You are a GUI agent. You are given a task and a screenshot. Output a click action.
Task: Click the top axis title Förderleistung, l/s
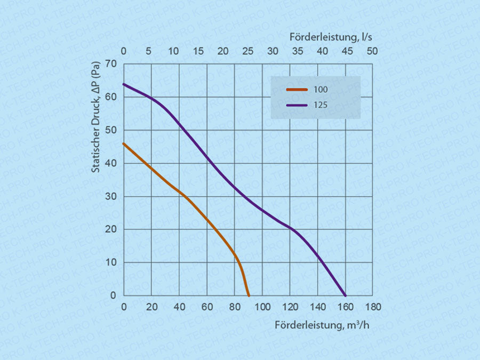(331, 37)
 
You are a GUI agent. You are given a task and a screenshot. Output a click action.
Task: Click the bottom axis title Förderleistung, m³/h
(322, 325)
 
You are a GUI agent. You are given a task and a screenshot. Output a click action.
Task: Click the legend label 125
(321, 105)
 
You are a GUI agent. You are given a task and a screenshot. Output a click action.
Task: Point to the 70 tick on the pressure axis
(111, 64)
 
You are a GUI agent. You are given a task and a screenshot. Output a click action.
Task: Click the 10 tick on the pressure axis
(111, 262)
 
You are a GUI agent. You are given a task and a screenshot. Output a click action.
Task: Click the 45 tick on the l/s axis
(347, 51)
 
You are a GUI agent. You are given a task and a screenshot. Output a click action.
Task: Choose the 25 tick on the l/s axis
(247, 51)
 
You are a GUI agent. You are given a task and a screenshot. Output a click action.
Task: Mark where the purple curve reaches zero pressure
(346, 295)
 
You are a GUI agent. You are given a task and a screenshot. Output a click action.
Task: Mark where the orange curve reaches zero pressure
(249, 295)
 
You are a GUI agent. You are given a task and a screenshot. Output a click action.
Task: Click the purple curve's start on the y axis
(124, 84)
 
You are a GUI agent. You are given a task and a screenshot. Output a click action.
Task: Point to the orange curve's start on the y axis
(124, 143)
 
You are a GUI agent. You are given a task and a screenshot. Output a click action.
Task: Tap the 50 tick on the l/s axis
(372, 51)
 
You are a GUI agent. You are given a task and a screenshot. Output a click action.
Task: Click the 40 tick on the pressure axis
(111, 163)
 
